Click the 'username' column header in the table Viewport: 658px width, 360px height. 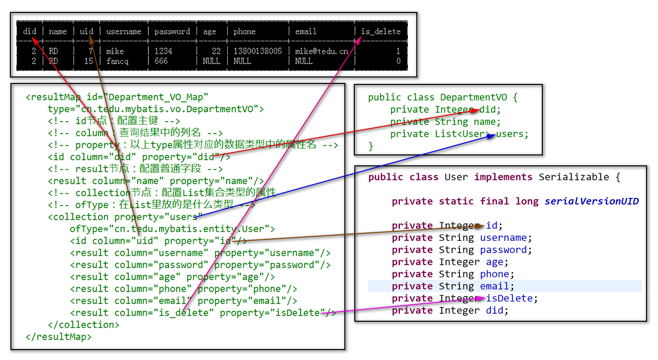124,31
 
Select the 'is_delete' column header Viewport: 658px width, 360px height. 381,31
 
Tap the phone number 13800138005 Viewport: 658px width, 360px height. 258,51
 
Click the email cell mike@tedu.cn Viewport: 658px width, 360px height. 322,51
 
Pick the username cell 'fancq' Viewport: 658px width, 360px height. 117,61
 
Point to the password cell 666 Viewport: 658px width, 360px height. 161,61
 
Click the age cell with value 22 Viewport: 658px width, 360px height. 216,51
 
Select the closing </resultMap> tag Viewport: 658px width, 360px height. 59,337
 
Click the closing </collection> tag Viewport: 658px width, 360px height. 83,324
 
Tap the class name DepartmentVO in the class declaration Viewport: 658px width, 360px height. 473,97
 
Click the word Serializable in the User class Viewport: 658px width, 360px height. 574,177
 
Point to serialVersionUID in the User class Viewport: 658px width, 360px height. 592,201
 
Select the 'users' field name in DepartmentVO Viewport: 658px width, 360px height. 510,134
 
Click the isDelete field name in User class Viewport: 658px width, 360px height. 509,298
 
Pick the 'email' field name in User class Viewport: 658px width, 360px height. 494,286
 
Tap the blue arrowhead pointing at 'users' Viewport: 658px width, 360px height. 491,136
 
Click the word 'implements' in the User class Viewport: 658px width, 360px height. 503,177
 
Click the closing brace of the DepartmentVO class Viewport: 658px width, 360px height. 371,146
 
